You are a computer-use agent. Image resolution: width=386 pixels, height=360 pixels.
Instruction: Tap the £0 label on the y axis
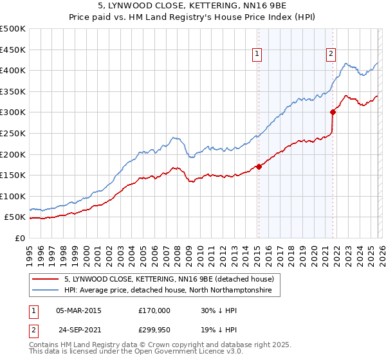(x=21, y=238)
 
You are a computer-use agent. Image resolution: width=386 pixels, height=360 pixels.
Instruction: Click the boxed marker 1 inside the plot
(x=257, y=54)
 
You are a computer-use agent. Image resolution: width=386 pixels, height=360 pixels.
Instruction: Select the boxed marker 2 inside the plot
(x=331, y=54)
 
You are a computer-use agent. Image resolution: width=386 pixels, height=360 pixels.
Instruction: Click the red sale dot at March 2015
(x=259, y=166)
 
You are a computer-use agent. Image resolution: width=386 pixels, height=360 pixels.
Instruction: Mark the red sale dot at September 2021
(x=333, y=112)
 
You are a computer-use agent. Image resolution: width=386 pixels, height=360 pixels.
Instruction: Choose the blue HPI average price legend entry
(x=168, y=291)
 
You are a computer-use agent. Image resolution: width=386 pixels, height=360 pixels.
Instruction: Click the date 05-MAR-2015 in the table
(x=78, y=310)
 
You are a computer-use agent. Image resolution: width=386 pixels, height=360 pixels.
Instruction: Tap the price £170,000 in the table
(x=154, y=310)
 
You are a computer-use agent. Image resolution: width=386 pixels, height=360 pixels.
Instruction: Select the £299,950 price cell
(x=154, y=329)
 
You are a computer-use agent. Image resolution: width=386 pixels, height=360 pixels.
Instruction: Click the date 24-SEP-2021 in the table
(x=78, y=329)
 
